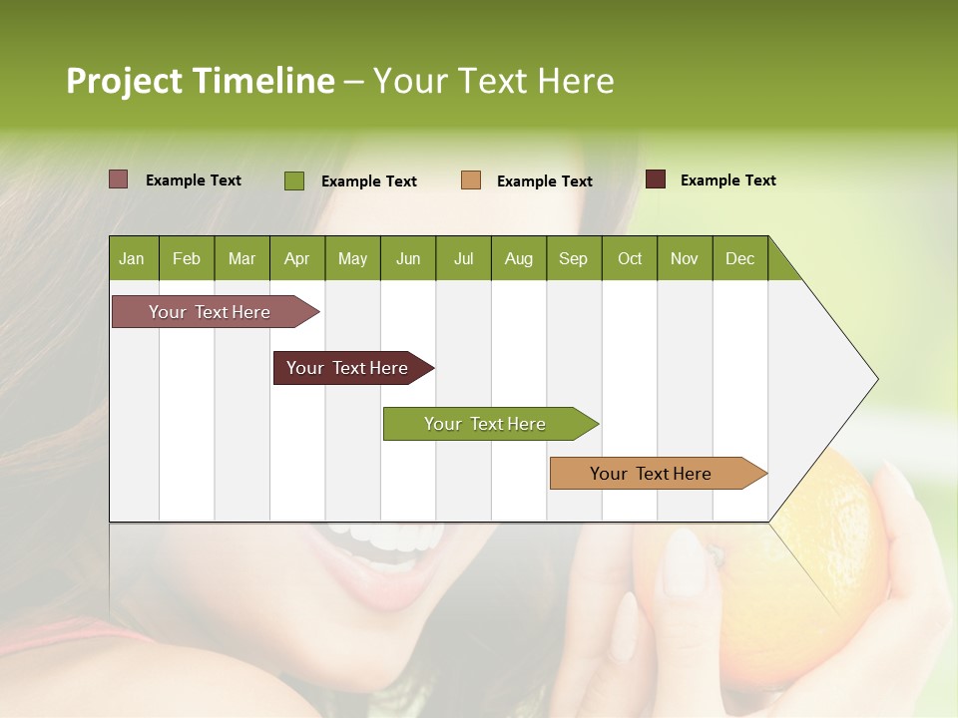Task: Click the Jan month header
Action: tap(132, 258)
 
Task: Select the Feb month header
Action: tap(187, 258)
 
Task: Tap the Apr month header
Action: tap(296, 258)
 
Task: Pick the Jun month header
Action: tap(408, 258)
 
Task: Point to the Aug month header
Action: tap(518, 258)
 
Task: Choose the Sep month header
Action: tap(573, 258)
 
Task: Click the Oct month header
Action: tap(630, 258)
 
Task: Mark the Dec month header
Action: tap(739, 258)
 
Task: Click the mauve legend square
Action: tap(118, 179)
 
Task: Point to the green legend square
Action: tap(294, 180)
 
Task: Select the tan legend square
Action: tap(471, 179)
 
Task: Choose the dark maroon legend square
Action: tap(656, 179)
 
